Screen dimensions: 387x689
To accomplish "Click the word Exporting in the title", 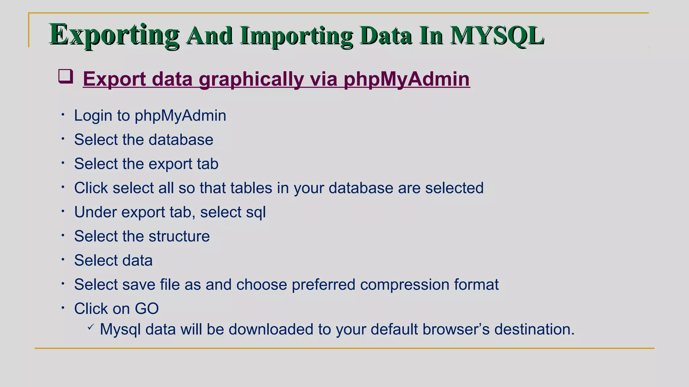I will coord(114,35).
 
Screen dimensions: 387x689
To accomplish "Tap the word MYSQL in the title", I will coord(497,35).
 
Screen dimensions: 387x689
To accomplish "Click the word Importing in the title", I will coord(296,36).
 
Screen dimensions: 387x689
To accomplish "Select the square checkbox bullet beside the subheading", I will coord(66,76).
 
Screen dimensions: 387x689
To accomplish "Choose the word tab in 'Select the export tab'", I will coord(208,164).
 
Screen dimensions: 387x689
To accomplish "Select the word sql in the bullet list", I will coord(256,212).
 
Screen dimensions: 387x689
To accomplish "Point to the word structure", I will coord(179,236).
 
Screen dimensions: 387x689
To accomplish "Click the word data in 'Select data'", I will coord(137,260).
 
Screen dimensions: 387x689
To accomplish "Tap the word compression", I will coord(404,285).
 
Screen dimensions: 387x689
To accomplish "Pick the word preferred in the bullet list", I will coord(323,285).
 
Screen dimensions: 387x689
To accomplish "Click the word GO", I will coord(147,309).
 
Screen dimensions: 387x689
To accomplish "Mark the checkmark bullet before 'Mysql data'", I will coord(90,327).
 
